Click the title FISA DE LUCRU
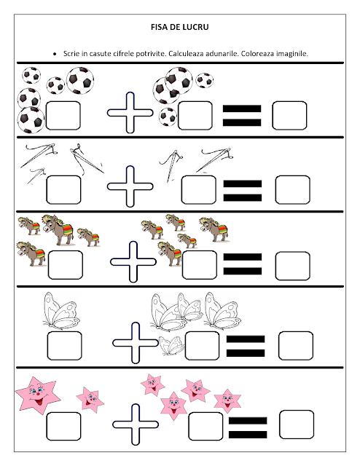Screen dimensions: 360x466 click(x=180, y=27)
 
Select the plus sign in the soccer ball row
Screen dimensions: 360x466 click(x=130, y=113)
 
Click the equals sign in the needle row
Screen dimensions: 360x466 click(x=243, y=191)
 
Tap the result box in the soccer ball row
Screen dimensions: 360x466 click(x=289, y=116)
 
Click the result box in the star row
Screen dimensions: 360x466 click(x=297, y=424)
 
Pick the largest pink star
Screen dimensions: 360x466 click(x=37, y=395)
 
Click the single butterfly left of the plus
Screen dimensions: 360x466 click(x=61, y=311)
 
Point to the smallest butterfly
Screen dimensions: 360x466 click(x=171, y=346)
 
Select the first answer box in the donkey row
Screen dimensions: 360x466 click(x=66, y=265)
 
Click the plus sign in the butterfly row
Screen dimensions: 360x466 click(x=136, y=343)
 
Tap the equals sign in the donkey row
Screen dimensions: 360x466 click(x=243, y=264)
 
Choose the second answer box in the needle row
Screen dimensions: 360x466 click(x=198, y=190)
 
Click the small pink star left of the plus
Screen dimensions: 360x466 click(x=90, y=400)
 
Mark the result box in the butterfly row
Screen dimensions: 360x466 click(x=296, y=346)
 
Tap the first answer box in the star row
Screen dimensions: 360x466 click(x=63, y=426)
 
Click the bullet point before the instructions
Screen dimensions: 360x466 click(x=55, y=54)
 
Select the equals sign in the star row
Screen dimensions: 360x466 click(x=248, y=427)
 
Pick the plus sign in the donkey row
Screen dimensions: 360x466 click(x=133, y=261)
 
